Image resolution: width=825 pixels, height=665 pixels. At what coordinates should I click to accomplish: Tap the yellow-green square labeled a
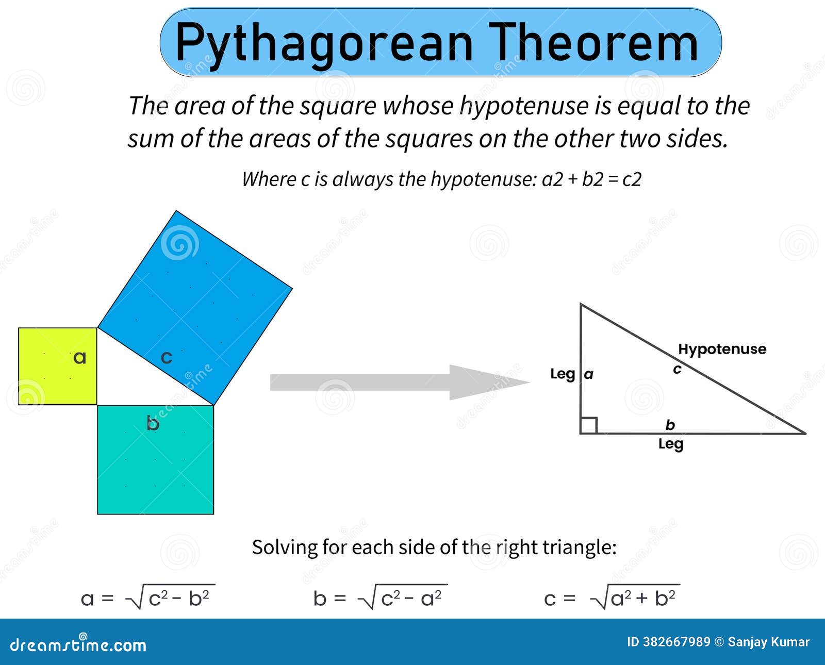pos(58,366)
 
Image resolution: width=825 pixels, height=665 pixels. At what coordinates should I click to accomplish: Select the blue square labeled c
pos(195,307)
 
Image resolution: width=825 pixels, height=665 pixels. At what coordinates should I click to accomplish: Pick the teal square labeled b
pos(156,460)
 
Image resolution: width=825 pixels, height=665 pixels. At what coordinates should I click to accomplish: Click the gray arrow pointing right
pos(400,382)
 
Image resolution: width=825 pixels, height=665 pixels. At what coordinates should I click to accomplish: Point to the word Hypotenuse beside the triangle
pos(722,350)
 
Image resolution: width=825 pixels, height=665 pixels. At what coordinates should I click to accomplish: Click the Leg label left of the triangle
pos(563,374)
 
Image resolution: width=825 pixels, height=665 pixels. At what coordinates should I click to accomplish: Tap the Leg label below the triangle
pos(671,444)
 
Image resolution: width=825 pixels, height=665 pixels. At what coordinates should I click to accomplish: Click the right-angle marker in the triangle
pos(589,425)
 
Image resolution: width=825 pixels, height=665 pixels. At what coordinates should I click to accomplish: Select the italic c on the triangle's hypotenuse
pos(678,369)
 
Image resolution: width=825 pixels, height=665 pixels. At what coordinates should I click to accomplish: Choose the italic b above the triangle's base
pos(670,425)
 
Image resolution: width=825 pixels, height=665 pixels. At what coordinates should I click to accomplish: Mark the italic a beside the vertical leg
pos(589,374)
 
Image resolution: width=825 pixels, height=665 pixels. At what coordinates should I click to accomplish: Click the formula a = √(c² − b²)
pos(147,597)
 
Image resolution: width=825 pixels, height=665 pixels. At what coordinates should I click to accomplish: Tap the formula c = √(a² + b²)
pos(612,597)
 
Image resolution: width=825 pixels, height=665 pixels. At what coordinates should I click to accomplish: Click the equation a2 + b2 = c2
pos(591,179)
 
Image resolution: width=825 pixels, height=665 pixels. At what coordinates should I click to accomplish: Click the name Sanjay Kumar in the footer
pos(769,642)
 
